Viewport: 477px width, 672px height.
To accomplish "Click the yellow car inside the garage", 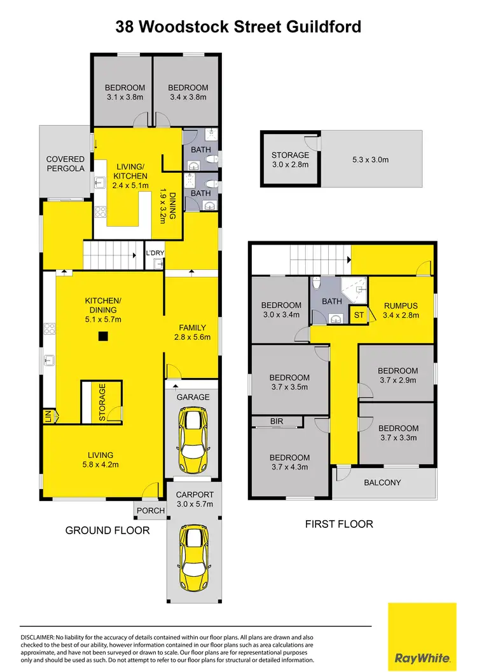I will [193, 439].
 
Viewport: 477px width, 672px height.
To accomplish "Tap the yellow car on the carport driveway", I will [193, 557].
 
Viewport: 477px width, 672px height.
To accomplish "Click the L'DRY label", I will [155, 253].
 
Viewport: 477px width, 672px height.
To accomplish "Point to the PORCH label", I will [145, 510].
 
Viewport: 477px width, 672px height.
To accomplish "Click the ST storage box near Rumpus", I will [358, 314].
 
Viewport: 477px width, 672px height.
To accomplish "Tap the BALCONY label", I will [382, 483].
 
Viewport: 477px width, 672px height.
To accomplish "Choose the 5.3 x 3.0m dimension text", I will [371, 159].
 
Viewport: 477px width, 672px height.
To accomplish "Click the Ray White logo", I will [422, 635].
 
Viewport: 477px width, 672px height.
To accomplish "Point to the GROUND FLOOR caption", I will [107, 530].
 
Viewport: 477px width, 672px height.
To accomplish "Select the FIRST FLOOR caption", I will [338, 524].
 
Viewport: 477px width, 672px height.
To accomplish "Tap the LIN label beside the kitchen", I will [48, 417].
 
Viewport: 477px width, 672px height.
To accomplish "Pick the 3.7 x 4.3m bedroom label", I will [290, 462].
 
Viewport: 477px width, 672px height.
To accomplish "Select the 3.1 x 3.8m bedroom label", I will [125, 93].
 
